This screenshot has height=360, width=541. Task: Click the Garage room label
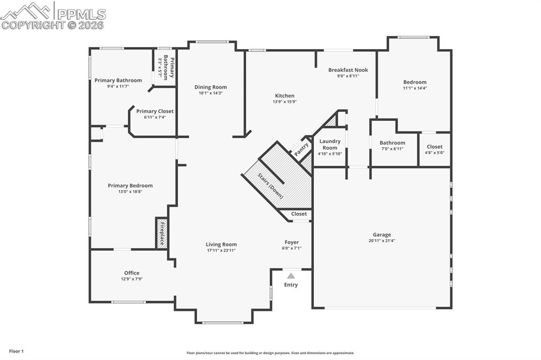(382, 235)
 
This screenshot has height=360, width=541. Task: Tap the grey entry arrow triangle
(291, 276)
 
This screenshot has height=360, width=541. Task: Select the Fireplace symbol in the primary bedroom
(162, 233)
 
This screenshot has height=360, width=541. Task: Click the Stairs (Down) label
(270, 185)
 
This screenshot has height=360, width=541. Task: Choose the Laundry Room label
(330, 145)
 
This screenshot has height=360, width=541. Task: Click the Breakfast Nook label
(348, 70)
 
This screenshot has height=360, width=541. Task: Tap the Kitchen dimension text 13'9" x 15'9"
(284, 102)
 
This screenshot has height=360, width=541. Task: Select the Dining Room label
(210, 87)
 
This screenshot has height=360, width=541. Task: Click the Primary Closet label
(155, 111)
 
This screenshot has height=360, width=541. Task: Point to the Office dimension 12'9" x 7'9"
(132, 279)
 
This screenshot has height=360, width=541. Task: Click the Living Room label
(221, 244)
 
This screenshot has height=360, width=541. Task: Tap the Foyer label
(292, 242)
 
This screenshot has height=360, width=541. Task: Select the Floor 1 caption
(16, 351)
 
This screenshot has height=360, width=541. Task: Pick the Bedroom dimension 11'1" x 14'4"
(414, 88)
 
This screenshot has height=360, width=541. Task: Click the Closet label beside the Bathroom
(434, 147)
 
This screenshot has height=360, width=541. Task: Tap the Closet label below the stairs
(299, 214)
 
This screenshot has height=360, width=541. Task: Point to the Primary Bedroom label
(130, 185)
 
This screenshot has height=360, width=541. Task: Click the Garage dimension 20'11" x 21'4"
(382, 241)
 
